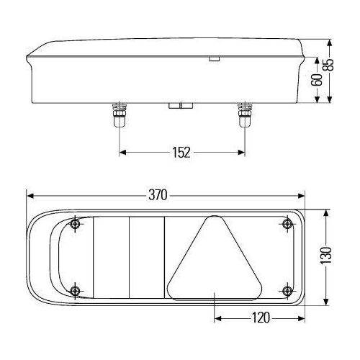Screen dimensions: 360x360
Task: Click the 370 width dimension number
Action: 158,194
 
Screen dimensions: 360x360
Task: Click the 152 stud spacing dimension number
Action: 181,152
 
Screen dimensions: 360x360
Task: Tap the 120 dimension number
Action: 261,316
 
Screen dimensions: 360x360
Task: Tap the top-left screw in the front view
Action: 76,225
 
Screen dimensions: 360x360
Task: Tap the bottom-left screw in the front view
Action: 76,290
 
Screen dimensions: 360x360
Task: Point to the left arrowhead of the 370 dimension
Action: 30,194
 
